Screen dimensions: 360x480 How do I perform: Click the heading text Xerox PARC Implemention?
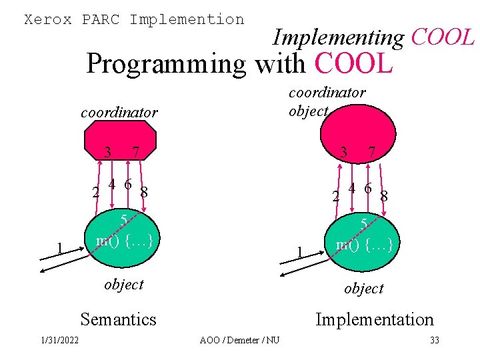(134, 19)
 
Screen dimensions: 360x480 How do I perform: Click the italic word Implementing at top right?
(338, 38)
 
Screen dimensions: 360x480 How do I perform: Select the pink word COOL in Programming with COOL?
(353, 64)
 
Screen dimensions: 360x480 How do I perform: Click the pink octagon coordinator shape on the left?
(120, 139)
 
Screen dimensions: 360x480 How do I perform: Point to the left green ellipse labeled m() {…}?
(125, 240)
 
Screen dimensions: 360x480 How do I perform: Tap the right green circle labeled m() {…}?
(364, 243)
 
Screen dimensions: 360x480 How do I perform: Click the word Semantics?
(118, 319)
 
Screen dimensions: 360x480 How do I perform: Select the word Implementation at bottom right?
(374, 319)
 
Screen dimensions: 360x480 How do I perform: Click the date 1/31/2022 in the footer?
(59, 341)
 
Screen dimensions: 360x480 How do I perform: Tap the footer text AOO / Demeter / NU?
(239, 341)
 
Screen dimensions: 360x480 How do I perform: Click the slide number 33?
(435, 341)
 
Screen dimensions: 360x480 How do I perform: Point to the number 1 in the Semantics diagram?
(60, 249)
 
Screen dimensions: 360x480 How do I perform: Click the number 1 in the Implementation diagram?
(300, 252)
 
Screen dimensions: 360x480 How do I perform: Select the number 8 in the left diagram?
(143, 193)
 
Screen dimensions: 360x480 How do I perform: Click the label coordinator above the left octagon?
(119, 112)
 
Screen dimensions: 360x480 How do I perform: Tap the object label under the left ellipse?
(124, 284)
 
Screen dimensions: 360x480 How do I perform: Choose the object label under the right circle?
(364, 288)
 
